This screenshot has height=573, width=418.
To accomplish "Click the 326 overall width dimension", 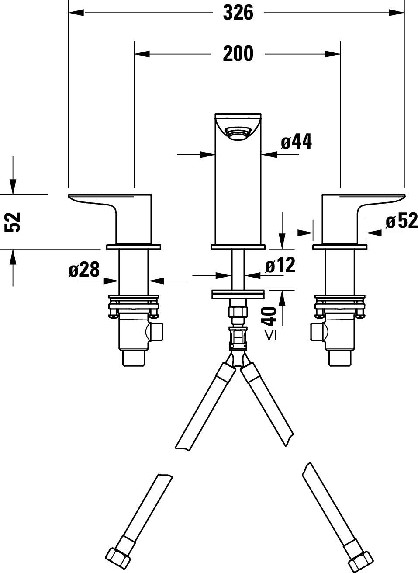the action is (238, 13).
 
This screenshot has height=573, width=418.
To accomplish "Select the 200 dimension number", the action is (238, 53).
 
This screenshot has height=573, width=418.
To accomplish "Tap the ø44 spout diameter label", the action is (296, 141).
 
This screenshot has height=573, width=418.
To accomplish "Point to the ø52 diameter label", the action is (402, 221).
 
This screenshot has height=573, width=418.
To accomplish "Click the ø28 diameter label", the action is (84, 270).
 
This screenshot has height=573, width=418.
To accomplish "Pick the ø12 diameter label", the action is (280, 265).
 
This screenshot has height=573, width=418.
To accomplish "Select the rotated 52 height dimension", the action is (13, 222).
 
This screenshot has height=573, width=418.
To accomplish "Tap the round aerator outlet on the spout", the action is (238, 134).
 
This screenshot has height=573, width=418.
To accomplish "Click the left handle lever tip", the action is (69, 196).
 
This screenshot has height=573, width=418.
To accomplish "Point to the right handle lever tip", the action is (404, 196).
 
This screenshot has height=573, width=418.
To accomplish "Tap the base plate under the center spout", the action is (238, 247).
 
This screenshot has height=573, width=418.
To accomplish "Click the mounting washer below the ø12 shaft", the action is (238, 294).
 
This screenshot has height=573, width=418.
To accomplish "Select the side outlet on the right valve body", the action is (318, 332).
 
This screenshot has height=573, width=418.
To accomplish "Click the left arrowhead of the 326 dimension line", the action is (76, 13).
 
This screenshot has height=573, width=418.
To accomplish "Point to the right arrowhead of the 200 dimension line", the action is (333, 54).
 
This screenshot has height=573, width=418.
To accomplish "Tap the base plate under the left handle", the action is (134, 247).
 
